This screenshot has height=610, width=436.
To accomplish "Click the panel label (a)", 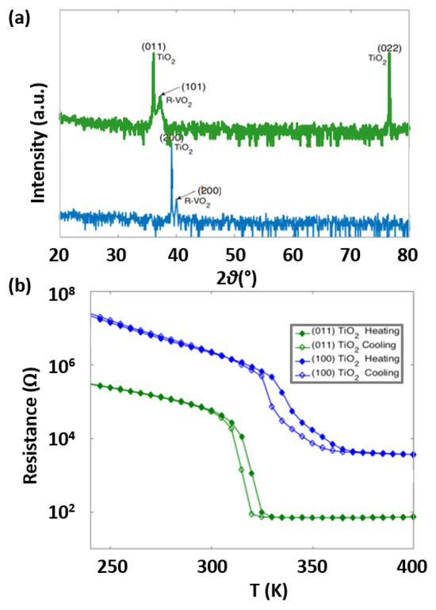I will pyautogui.click(x=19, y=15).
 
